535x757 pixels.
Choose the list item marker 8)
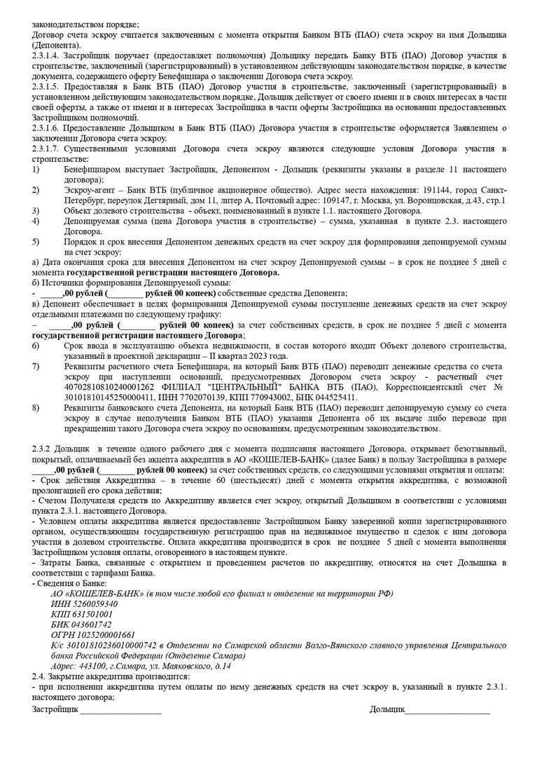[36, 408]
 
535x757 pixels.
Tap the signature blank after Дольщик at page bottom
[447, 711]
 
